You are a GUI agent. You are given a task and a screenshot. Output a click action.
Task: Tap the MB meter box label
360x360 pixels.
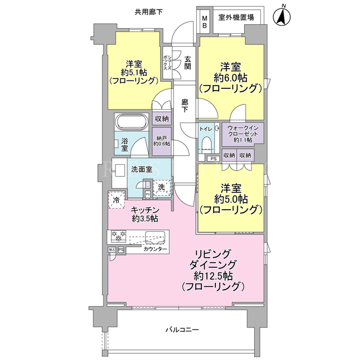coord(205,21)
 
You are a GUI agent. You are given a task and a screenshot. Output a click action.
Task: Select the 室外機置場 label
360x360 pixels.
coord(236,17)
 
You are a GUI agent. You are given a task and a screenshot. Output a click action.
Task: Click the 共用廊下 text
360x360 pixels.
coord(148,12)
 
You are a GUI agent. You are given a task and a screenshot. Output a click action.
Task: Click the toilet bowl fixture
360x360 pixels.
coord(207,144)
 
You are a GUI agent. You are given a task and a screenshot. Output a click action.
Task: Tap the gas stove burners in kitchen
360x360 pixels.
coord(119,236)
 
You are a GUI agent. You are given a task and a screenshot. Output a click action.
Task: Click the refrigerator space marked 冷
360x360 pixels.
coord(117,200)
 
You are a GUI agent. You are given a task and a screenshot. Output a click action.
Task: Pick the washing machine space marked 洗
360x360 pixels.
coord(161,187)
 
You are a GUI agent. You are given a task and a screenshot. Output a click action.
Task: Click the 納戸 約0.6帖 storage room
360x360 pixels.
coord(162,141)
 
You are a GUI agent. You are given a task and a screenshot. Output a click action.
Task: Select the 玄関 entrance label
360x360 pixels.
coord(188,62)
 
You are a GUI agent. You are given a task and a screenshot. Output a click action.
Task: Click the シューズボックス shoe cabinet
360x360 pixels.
coord(168,62)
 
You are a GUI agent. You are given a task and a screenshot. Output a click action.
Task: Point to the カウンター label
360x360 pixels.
coord(155,249)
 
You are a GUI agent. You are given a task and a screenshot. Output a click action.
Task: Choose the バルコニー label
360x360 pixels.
coord(182,330)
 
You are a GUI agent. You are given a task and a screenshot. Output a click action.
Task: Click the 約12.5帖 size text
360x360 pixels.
coord(213,276)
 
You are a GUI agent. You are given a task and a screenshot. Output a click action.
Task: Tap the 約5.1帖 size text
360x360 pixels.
coord(134,73)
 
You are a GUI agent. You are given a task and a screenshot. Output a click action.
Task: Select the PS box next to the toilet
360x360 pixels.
coord(214,159)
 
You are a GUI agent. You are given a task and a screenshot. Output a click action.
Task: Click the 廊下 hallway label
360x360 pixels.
coord(185,106)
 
